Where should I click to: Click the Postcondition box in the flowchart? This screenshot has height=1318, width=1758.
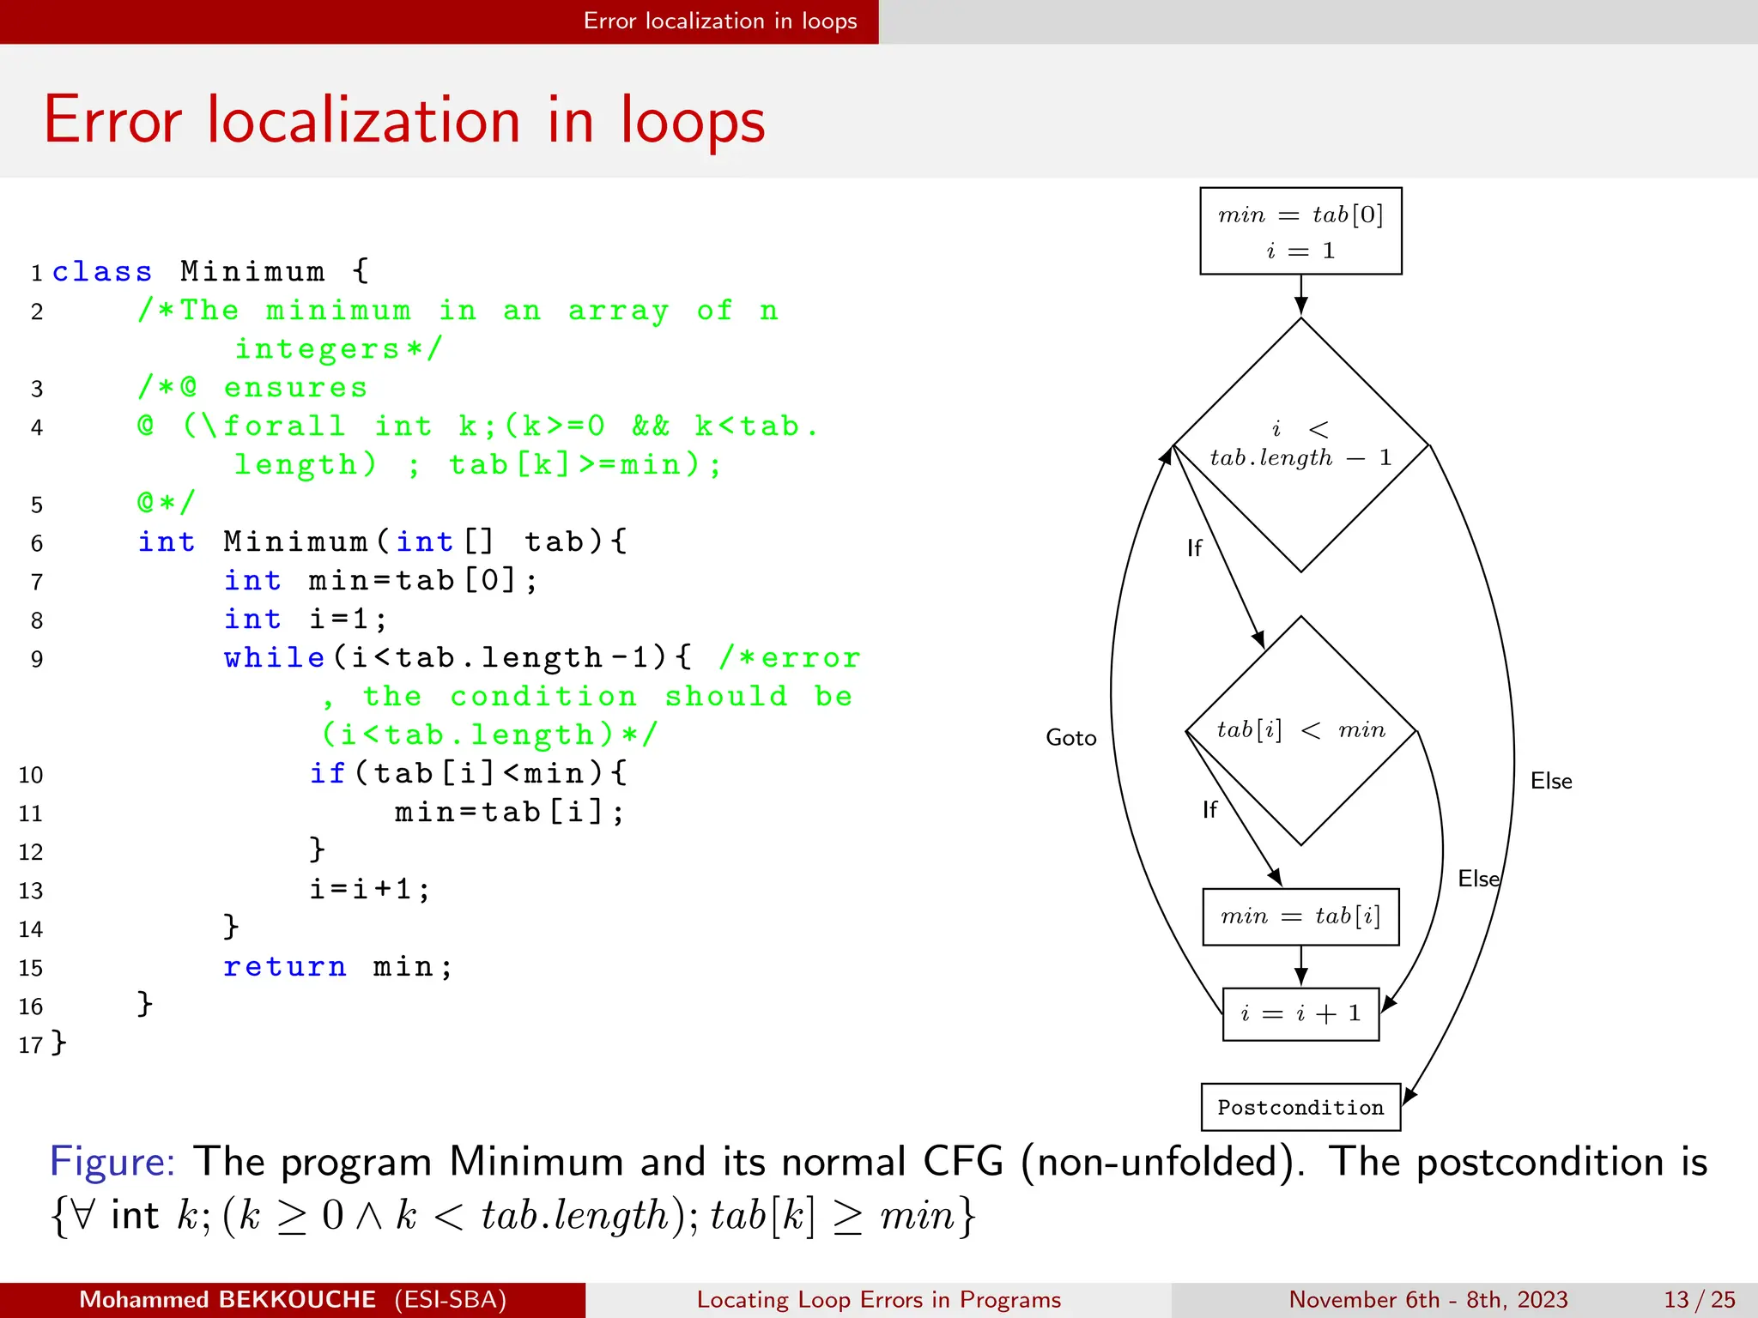pyautogui.click(x=1300, y=1107)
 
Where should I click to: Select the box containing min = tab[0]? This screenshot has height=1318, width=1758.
pyautogui.click(x=1300, y=231)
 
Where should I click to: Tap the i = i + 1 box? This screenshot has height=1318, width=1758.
pyautogui.click(x=1300, y=1014)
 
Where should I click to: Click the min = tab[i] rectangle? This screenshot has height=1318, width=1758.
pyautogui.click(x=1300, y=916)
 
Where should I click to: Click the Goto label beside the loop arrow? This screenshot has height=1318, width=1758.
pyautogui.click(x=1070, y=738)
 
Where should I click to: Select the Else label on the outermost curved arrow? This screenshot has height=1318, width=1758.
pyautogui.click(x=1550, y=781)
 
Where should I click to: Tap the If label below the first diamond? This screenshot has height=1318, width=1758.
pyautogui.click(x=1194, y=547)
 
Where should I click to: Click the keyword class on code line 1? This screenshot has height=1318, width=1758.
pyautogui.click(x=102, y=272)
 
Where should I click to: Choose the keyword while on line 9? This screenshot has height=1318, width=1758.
pyautogui.click(x=275, y=658)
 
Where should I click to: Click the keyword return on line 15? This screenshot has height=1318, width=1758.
pyautogui.click(x=285, y=967)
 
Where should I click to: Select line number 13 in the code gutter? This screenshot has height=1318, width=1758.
pyautogui.click(x=31, y=891)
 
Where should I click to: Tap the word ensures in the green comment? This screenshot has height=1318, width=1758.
pyautogui.click(x=295, y=388)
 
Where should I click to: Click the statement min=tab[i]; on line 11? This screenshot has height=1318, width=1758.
pyautogui.click(x=510, y=812)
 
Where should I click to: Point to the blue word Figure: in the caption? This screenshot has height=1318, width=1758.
pyautogui.click(x=112, y=1162)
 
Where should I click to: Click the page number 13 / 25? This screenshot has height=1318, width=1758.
pyautogui.click(x=1699, y=1299)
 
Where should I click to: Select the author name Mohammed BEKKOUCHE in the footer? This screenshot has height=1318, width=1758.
pyautogui.click(x=227, y=1299)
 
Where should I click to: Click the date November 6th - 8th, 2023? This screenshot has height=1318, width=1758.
pyautogui.click(x=1428, y=1299)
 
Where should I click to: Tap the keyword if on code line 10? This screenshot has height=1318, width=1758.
pyautogui.click(x=327, y=773)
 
